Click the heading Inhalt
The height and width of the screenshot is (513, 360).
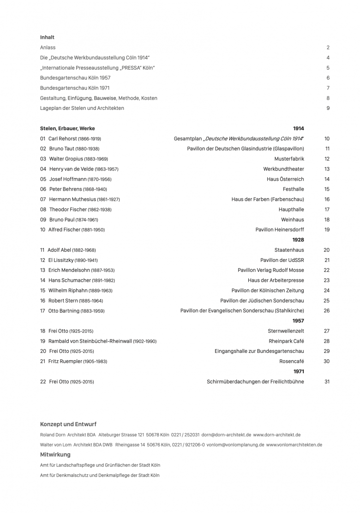[47, 37]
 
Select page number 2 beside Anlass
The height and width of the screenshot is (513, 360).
[328, 48]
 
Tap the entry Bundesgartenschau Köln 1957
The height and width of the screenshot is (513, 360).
[75, 78]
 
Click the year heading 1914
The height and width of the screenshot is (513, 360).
[298, 128]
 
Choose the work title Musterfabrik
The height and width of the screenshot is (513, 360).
[289, 159]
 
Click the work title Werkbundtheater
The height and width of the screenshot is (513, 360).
[283, 169]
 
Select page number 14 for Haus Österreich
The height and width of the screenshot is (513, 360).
[327, 179]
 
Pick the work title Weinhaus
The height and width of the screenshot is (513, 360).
[292, 220]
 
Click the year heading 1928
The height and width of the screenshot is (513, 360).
[298, 240]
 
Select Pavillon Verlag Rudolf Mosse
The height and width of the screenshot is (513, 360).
[270, 270]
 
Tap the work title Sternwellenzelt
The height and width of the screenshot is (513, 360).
[286, 331]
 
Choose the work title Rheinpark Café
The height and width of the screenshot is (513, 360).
[286, 341]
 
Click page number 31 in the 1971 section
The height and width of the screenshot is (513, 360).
[327, 382]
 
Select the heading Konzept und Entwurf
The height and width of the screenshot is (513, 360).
[68, 424]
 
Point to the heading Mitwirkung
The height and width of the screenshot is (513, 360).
[55, 455]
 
